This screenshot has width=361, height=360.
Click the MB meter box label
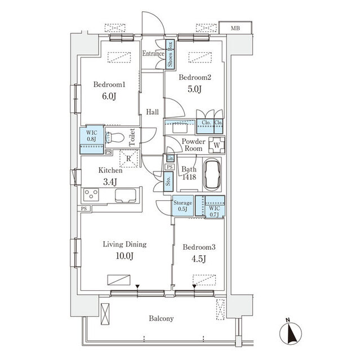point(235,28)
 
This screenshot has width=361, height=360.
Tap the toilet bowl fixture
point(115,137)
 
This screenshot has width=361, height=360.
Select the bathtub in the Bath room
point(212,174)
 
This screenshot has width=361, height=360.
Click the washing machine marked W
point(217,145)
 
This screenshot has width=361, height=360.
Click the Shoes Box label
point(170,54)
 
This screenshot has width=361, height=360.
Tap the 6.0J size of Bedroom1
point(109,96)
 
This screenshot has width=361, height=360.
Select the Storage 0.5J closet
point(183,206)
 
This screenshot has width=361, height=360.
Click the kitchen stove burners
point(91,195)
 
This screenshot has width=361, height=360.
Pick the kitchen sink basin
point(125,195)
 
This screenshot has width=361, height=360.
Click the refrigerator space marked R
point(129,159)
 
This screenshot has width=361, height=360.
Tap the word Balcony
point(161,318)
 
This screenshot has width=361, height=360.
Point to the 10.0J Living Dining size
point(124,256)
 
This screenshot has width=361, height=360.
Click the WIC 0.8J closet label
point(92,136)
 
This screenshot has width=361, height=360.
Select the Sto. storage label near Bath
point(168,181)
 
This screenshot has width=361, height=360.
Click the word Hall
point(153,112)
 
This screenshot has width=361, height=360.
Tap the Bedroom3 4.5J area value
point(199,259)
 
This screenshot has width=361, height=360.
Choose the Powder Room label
point(193,145)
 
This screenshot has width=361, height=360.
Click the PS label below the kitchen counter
point(84,209)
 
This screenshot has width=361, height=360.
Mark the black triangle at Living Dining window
point(137,286)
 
